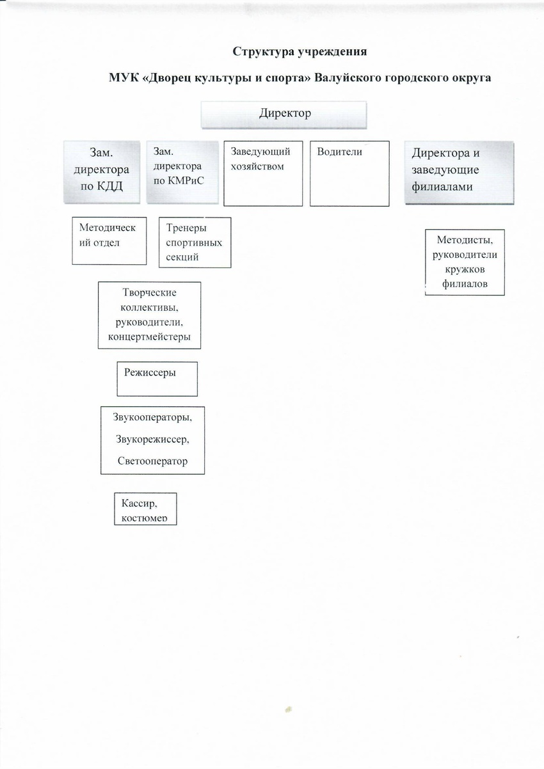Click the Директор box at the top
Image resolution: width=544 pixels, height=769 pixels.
pyautogui.click(x=284, y=115)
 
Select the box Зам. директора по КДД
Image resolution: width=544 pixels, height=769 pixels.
pyautogui.click(x=102, y=172)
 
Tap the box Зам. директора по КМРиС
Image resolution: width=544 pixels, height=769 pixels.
pyautogui.click(x=182, y=172)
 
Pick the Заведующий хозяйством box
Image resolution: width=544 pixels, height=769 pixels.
pyautogui.click(x=263, y=173)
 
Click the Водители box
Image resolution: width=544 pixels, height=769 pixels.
pyautogui.click(x=349, y=173)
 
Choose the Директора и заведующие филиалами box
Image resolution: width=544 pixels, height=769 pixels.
pyautogui.click(x=459, y=173)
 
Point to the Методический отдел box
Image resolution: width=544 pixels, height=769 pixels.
pyautogui.click(x=109, y=241)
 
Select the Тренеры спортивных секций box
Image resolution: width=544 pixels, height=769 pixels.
pyautogui.click(x=195, y=242)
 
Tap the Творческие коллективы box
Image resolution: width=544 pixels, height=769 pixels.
pyautogui.click(x=149, y=315)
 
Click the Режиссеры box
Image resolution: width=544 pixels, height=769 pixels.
pyautogui.click(x=157, y=379)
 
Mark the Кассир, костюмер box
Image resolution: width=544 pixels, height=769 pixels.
pyautogui.click(x=146, y=509)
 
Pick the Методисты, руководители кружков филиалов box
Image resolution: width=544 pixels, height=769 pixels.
pyautogui.click(x=465, y=262)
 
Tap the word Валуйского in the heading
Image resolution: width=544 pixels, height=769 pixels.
pyautogui.click(x=348, y=77)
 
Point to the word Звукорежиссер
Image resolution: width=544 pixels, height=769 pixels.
pyautogui.click(x=152, y=439)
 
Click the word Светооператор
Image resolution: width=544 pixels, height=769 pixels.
pyautogui.click(x=152, y=461)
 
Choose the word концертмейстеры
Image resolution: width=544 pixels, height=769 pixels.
pyautogui.click(x=149, y=337)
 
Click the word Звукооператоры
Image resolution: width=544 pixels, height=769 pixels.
pyautogui.click(x=152, y=418)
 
